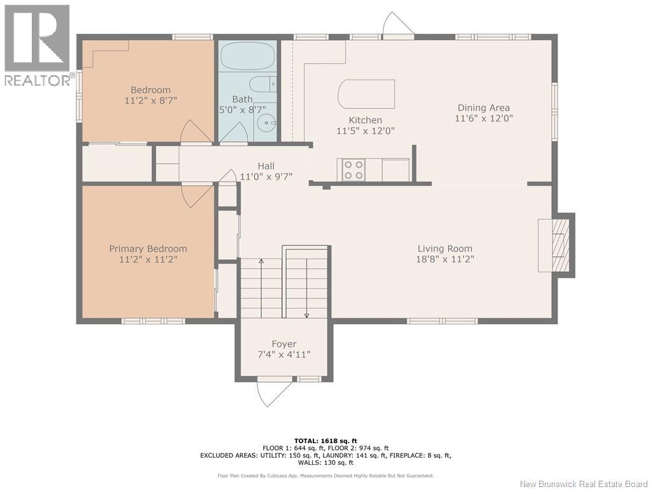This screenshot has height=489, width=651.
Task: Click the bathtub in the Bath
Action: tap(247, 56)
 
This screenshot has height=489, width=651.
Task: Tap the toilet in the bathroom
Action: tap(263, 85)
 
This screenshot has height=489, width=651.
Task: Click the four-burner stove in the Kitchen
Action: tap(353, 170)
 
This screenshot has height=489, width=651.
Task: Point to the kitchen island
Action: tap(366, 94)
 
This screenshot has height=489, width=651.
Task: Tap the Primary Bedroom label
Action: tap(147, 249)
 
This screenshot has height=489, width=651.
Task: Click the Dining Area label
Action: tap(484, 108)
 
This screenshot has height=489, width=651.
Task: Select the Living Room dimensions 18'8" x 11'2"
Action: tap(445, 259)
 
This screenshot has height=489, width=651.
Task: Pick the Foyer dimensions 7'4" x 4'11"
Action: tap(284, 355)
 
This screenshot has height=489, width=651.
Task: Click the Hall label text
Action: tap(266, 166)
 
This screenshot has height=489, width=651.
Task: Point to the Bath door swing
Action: tap(233, 132)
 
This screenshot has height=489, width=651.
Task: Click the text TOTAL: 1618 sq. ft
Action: tap(325, 441)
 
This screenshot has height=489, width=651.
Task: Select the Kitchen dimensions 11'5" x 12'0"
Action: tap(366, 131)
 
